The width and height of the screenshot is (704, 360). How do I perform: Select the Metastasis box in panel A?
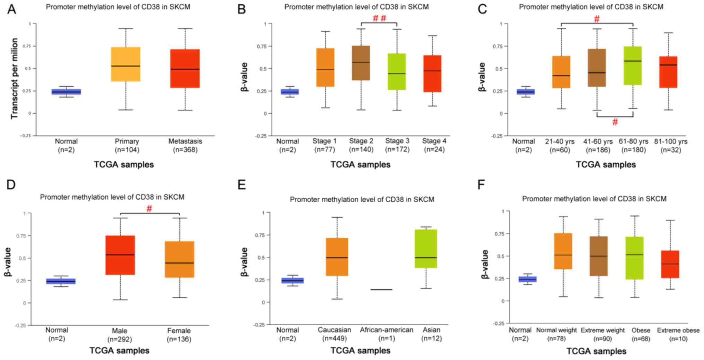pos(185,69)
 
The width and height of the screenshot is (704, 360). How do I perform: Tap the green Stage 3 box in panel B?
pos(397,72)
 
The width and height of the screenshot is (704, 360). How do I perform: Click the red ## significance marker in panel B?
pos(379,18)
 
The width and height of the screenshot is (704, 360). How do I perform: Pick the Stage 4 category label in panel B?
pos(434,141)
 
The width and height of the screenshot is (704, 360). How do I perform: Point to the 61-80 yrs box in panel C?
pos(633,65)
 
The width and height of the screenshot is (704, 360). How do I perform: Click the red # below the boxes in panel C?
pos(615,122)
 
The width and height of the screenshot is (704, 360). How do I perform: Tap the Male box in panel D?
pos(120,255)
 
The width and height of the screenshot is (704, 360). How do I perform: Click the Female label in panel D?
pos(179,331)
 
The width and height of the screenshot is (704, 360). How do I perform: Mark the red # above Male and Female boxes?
pos(149,209)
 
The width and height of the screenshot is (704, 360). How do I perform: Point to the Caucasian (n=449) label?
pos(334,334)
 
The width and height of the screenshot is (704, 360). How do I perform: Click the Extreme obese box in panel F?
pos(670,264)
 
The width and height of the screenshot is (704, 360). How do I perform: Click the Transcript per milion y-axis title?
pos(14,79)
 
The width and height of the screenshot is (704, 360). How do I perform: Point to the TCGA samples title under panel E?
pos(360,351)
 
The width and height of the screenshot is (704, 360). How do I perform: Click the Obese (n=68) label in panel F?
pos(641,334)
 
